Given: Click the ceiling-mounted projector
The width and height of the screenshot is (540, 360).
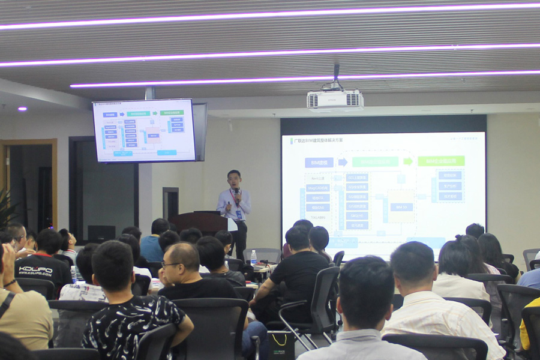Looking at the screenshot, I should (335, 100).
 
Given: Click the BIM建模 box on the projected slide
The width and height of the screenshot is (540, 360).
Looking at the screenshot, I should (319, 163).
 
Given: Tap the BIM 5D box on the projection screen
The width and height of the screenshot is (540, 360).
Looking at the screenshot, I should (401, 207).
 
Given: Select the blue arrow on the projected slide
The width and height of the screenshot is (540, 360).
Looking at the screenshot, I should (343, 162).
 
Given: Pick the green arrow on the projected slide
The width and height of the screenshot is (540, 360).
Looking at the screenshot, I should (407, 161).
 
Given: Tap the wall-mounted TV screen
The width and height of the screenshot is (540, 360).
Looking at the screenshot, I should (144, 130).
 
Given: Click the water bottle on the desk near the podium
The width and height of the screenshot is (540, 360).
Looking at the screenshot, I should (253, 257).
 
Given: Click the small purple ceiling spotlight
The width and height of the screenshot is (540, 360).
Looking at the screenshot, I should (22, 109).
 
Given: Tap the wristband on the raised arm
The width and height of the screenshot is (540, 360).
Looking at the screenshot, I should (10, 283).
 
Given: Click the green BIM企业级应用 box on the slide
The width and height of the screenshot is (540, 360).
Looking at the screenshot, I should (440, 161).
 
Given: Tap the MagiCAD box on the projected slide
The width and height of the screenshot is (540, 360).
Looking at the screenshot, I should (317, 188).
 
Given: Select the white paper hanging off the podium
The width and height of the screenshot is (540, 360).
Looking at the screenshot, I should (232, 224).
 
